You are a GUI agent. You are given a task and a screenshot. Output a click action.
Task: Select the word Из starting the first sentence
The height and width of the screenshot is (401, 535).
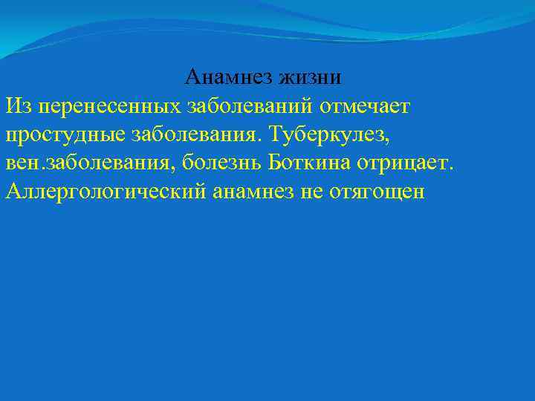17,106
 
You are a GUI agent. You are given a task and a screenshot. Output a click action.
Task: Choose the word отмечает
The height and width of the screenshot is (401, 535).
365,107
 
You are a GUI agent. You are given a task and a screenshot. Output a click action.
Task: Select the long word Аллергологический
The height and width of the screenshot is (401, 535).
106,192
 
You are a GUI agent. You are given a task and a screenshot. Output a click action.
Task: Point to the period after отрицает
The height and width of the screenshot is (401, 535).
450,168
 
